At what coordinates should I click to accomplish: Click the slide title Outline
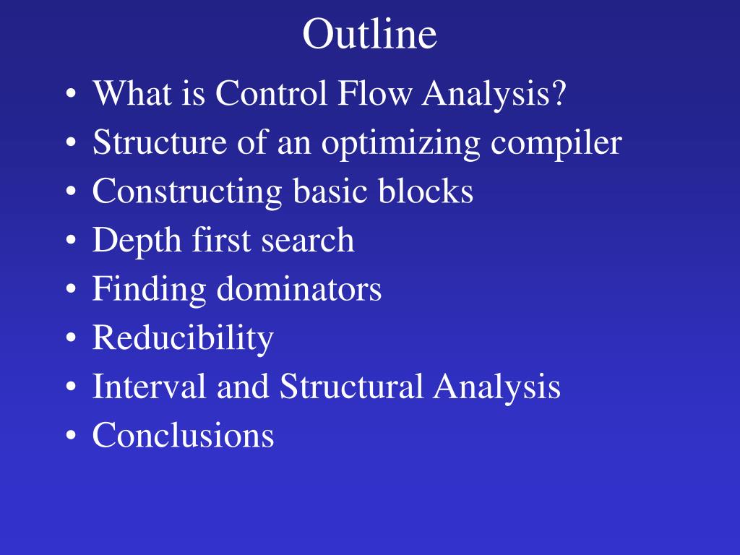click(x=369, y=35)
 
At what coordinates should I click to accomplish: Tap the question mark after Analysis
click(x=557, y=94)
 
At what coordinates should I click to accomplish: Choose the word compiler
click(x=556, y=144)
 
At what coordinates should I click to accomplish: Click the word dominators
click(x=298, y=290)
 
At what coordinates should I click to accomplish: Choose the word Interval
click(x=149, y=387)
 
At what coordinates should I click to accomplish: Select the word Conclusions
click(x=183, y=436)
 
